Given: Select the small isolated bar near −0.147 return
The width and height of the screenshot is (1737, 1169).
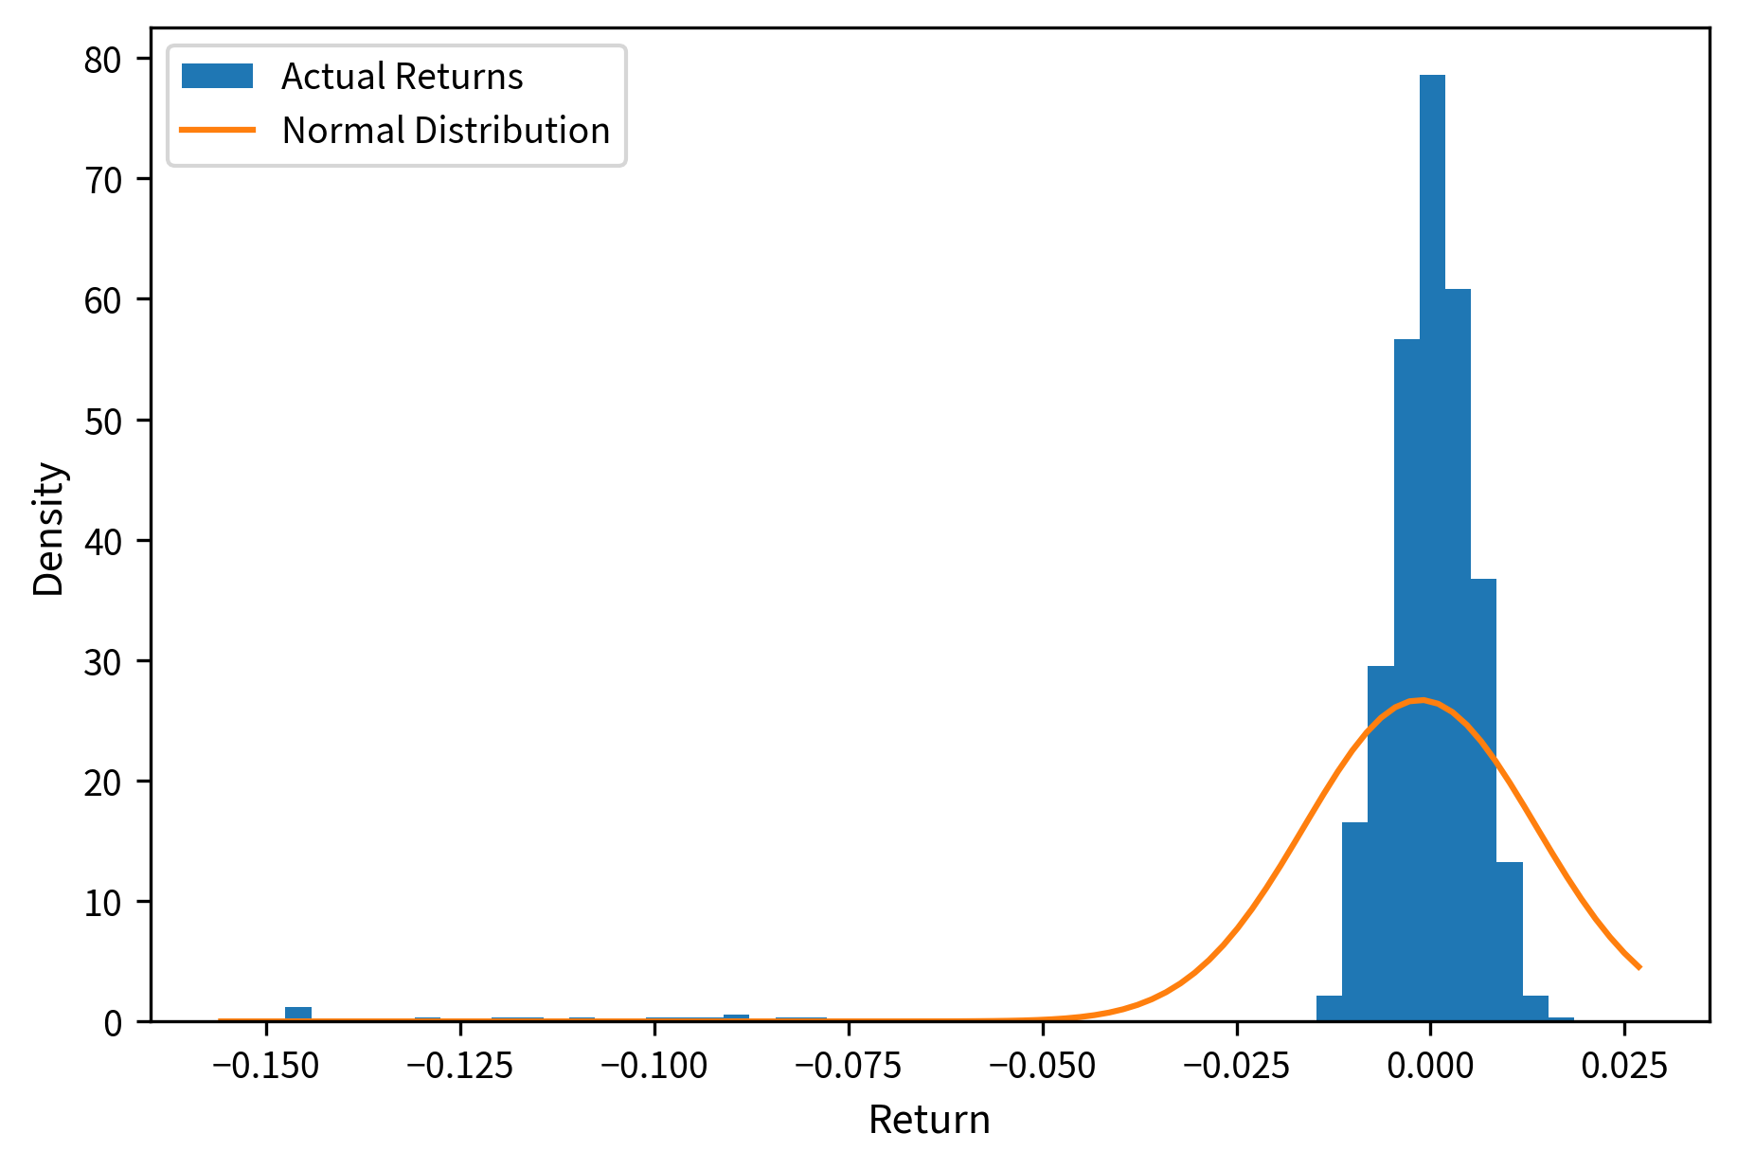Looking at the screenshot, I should coord(298,1014).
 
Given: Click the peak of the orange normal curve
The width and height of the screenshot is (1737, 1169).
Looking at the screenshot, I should coord(1420,701).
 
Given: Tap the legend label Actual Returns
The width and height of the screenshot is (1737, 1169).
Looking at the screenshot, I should coord(402,77).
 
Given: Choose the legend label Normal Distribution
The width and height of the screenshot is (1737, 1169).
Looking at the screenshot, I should coord(445,131).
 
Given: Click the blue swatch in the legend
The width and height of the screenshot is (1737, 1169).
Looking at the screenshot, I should coord(218,77).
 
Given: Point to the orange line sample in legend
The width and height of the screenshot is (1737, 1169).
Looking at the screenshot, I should coord(218,131).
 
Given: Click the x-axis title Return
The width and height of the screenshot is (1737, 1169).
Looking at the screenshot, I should coord(929,1120).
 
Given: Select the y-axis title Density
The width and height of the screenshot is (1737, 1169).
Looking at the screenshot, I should coord(48,529).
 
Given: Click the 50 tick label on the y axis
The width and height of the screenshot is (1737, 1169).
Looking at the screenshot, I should coord(103,421).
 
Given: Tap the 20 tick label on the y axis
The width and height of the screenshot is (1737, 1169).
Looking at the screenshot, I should coord(103,782).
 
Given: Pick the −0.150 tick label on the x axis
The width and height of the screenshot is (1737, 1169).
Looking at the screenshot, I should coord(266,1066).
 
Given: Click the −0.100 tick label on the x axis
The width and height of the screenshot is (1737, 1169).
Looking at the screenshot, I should coord(654,1066).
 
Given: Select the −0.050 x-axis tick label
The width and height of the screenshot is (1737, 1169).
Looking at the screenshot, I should coord(1043,1066).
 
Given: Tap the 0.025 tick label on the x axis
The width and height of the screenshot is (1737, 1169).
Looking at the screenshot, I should coord(1625,1066).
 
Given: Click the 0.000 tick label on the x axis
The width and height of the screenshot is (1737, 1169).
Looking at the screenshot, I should coord(1430,1066).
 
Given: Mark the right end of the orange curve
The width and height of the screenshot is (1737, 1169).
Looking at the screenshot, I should coord(1639,967).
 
